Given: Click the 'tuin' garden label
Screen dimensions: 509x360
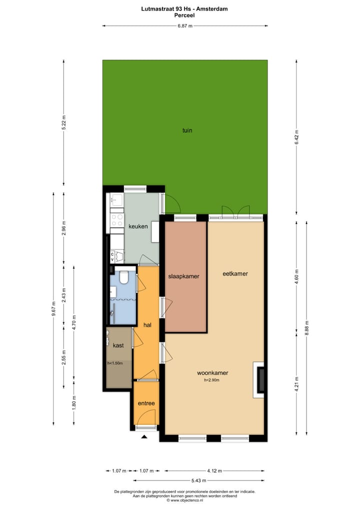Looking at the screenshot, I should [187, 130].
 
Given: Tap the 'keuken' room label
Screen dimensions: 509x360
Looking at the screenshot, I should [138, 226].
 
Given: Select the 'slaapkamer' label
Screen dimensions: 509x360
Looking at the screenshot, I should [183, 276].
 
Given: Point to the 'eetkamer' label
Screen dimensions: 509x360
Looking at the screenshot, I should [235, 273].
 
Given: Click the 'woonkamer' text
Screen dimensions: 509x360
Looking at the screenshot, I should [212, 373].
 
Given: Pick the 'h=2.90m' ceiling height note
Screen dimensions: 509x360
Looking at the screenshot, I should [212, 380].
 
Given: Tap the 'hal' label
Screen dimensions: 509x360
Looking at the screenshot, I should [147, 325].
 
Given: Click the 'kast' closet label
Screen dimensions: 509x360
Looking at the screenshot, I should [118, 345].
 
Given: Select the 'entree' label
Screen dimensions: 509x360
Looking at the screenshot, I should [146, 403].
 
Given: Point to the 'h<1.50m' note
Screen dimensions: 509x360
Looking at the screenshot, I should [115, 363].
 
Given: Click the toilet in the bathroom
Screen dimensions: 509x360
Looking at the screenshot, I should [124, 276].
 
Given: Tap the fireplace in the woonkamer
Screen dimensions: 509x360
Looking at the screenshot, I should [260, 379].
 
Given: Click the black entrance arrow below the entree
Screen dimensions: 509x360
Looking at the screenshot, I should [145, 437].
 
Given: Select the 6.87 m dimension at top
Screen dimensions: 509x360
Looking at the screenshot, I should [185, 25].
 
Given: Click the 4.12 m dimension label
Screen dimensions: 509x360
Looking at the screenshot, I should [215, 470].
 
